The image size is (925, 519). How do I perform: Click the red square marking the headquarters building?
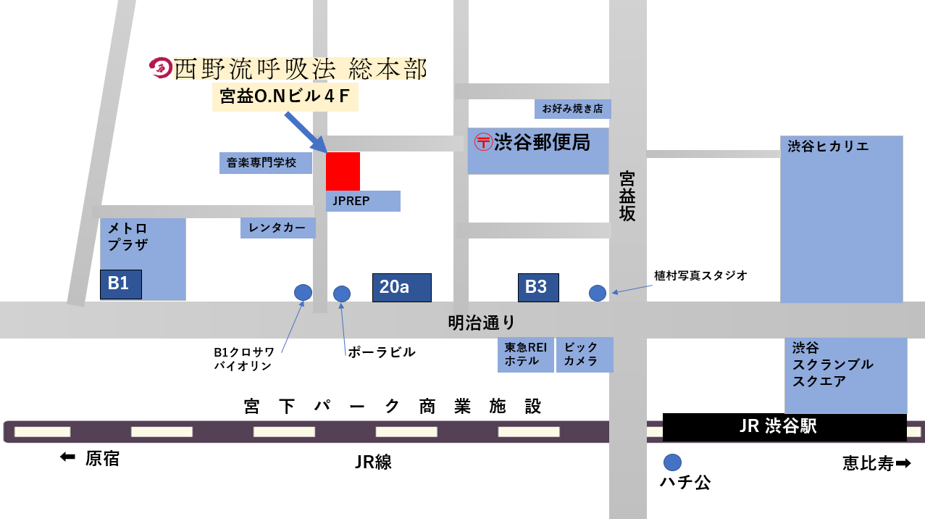pyautogui.click(x=343, y=171)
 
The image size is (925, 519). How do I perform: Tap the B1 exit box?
pyautogui.click(x=120, y=284)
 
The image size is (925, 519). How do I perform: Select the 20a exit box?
pyautogui.click(x=401, y=287)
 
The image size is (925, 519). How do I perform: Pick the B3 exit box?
pyautogui.click(x=537, y=287)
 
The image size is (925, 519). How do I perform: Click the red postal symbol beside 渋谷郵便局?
pyautogui.click(x=483, y=141)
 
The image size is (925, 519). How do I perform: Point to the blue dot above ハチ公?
pyautogui.click(x=672, y=462)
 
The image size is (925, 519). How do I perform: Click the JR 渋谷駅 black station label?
pyautogui.click(x=784, y=427)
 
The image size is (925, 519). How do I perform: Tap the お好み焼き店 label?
pyautogui.click(x=572, y=109)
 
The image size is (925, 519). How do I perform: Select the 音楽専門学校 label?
pyautogui.click(x=265, y=163)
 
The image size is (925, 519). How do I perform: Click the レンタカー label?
pyautogui.click(x=278, y=228)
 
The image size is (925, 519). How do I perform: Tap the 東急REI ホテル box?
pyautogui.click(x=525, y=354)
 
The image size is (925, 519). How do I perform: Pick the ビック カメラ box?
pyautogui.click(x=584, y=354)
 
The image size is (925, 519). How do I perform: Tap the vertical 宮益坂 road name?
pyautogui.click(x=627, y=196)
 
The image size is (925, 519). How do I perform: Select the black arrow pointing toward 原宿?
pyautogui.click(x=67, y=457)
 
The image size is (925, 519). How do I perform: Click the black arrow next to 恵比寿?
pyautogui.click(x=903, y=462)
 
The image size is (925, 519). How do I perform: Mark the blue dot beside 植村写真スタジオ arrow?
pyautogui.click(x=598, y=293)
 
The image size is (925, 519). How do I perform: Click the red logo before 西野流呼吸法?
pyautogui.click(x=159, y=68)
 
